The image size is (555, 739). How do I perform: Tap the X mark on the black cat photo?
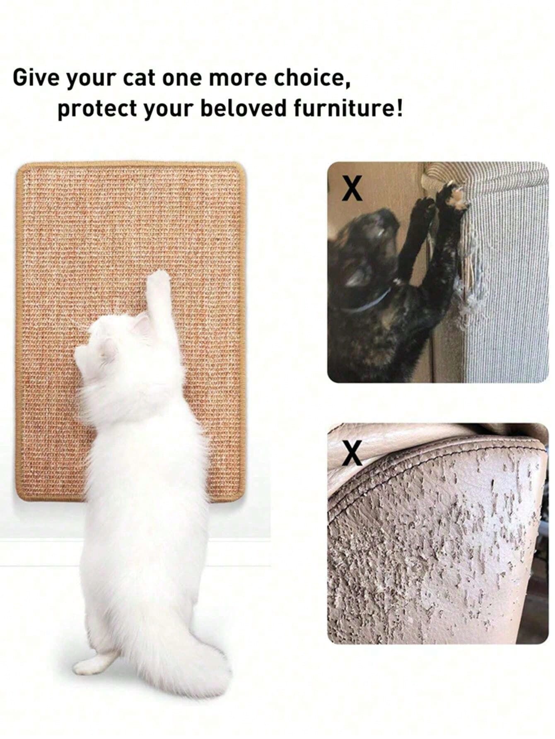[x=352, y=188]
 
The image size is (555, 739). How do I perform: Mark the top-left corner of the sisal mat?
[x=17, y=165]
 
